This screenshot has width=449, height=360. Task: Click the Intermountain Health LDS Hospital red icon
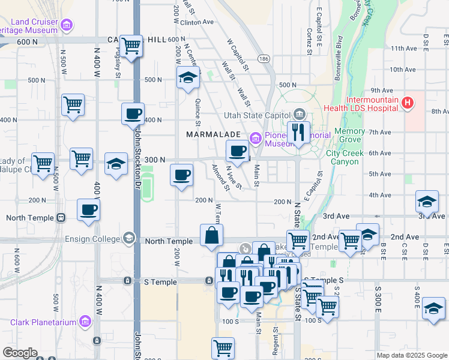[408, 103]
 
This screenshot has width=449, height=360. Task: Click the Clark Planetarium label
[43, 322]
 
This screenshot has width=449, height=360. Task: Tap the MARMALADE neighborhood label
[209, 134]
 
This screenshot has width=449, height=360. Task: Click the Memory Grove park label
[349, 135]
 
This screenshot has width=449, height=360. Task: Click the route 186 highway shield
[264, 58]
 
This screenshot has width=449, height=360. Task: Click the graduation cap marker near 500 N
[188, 77]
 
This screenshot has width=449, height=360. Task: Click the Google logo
[20, 352]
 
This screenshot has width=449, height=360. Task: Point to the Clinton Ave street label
[197, 22]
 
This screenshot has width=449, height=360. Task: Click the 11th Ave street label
[403, 49]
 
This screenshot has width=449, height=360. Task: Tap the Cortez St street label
[309, 41]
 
